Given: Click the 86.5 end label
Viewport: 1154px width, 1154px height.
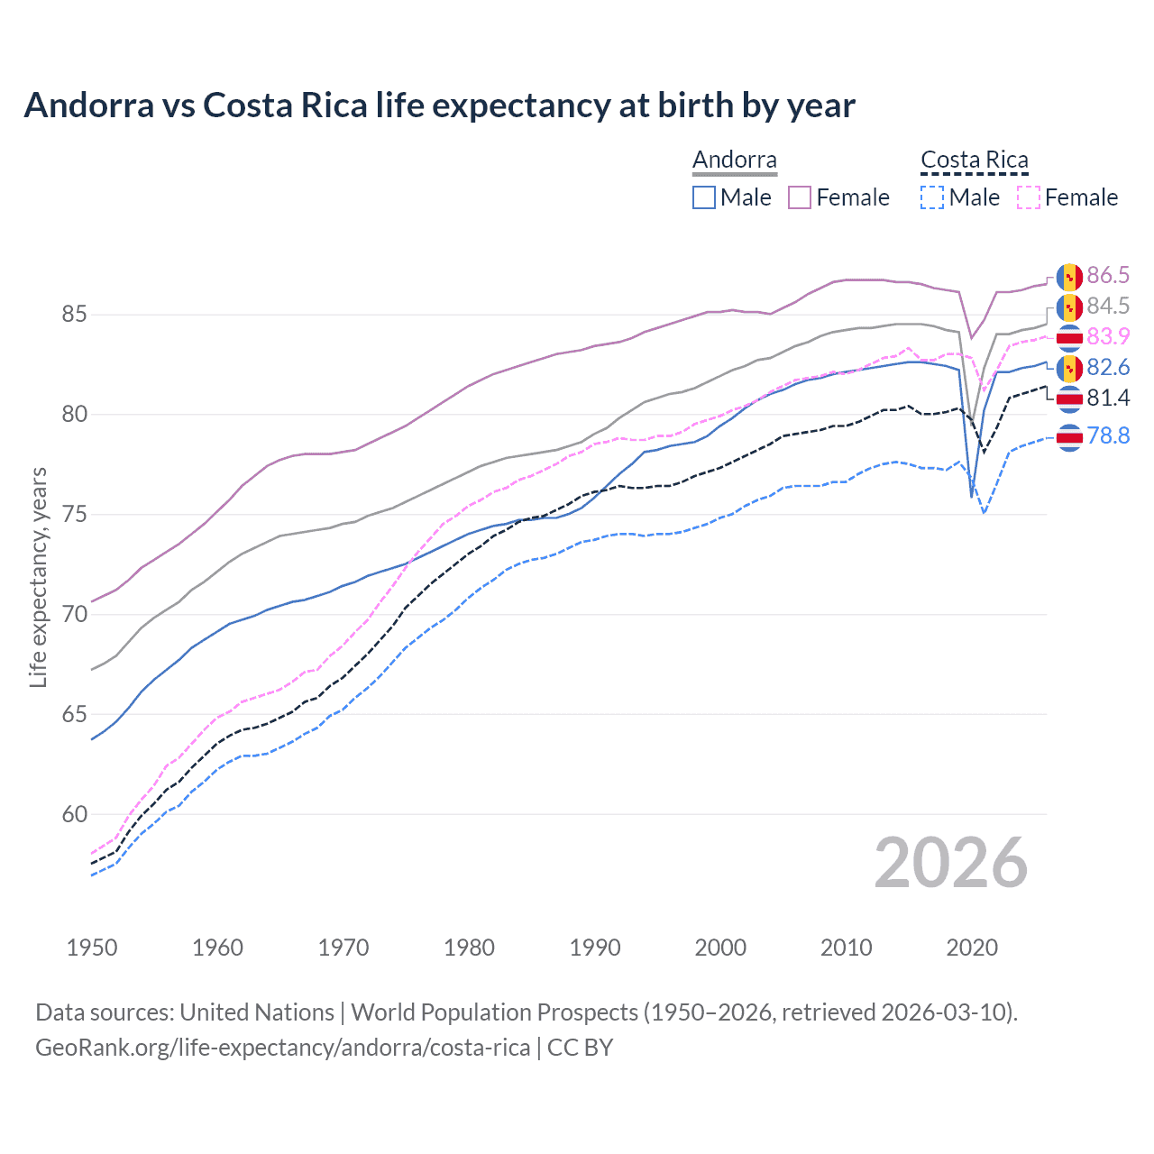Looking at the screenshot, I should click(x=1108, y=275).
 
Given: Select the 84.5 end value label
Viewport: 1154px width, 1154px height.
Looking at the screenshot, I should click(x=1108, y=307).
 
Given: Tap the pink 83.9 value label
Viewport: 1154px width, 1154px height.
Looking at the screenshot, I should click(x=1108, y=336).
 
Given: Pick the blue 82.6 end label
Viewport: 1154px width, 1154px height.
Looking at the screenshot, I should click(x=1108, y=367).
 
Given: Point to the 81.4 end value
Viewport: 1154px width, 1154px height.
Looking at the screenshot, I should click(x=1108, y=398).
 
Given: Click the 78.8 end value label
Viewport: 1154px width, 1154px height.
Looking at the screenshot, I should click(x=1108, y=436).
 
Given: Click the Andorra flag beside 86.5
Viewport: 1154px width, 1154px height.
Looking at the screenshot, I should click(x=1069, y=276).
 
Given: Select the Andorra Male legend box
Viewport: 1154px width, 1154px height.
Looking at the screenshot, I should click(x=704, y=197).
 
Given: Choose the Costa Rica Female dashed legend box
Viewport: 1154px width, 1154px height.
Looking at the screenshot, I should click(x=1028, y=197).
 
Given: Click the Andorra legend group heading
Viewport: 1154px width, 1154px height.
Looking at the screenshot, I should click(x=735, y=160).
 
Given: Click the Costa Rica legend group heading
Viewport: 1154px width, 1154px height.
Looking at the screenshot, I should click(x=975, y=160).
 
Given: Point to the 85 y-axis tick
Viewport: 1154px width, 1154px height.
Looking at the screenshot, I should click(x=74, y=315).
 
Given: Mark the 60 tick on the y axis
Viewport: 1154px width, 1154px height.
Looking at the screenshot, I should click(x=74, y=814).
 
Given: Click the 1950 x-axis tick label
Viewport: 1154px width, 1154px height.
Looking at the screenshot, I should click(x=92, y=948).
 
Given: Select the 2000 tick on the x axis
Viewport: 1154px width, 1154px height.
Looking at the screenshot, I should click(x=720, y=948).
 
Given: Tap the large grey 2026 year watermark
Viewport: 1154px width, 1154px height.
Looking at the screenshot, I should click(x=951, y=864).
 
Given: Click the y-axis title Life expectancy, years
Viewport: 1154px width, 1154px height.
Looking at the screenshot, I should click(x=38, y=577).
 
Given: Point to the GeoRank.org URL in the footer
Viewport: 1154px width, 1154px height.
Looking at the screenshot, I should click(x=282, y=1048).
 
